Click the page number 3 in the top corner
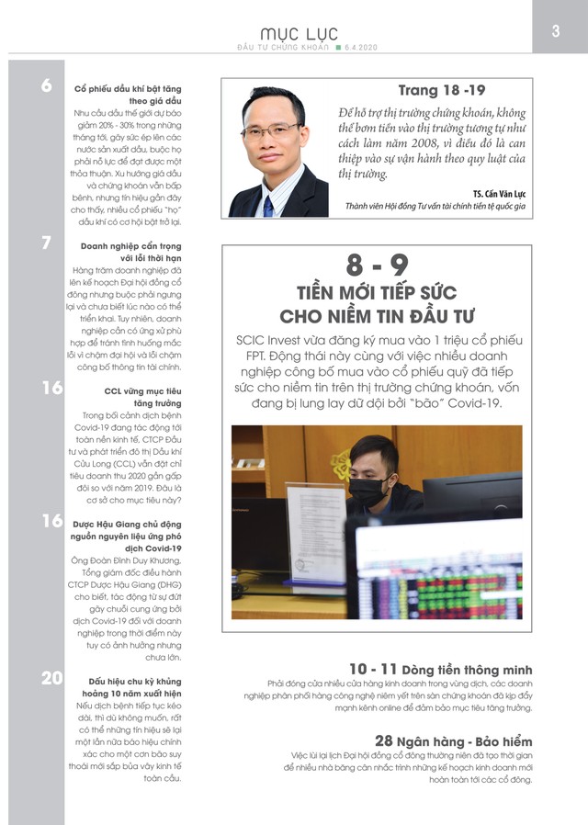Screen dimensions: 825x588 tap(556, 30)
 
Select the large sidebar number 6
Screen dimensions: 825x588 tap(46, 87)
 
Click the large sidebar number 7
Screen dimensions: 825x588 tap(46, 243)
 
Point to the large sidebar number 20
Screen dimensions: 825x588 tap(51, 679)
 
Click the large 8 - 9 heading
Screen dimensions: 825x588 tap(377, 267)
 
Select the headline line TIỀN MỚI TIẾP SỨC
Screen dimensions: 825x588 tap(377, 294)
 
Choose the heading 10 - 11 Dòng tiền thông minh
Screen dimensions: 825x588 tap(440, 669)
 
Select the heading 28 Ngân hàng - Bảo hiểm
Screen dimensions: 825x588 tap(453, 740)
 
